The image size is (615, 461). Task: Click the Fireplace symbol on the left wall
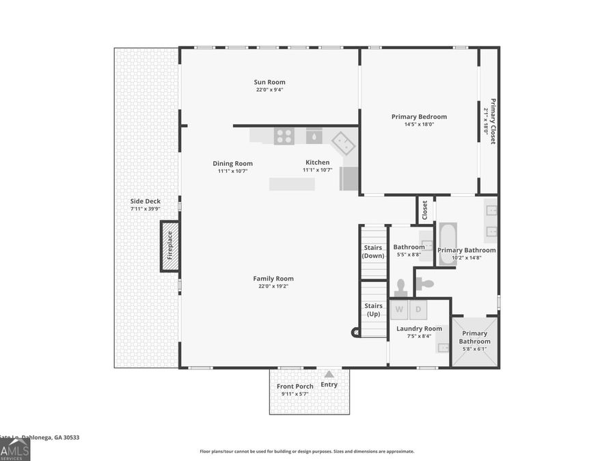coord(170,246)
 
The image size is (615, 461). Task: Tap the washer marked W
coord(399,309)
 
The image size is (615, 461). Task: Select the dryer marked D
coord(418,309)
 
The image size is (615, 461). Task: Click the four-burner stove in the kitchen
coord(284,136)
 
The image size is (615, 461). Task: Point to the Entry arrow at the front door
coord(329,374)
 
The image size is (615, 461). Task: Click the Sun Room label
coord(269,82)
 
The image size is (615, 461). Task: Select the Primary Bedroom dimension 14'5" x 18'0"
coord(419,124)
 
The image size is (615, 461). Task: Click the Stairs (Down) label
coord(373,251)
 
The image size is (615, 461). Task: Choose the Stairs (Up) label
coord(373,310)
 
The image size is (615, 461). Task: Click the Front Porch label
coord(295,386)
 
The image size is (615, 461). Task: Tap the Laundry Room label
coord(420,329)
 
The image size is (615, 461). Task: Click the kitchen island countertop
coord(292,184)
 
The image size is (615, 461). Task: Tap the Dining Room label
coord(232,163)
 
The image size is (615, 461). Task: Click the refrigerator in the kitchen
coord(349,179)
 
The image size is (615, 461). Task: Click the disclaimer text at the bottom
coord(307,451)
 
